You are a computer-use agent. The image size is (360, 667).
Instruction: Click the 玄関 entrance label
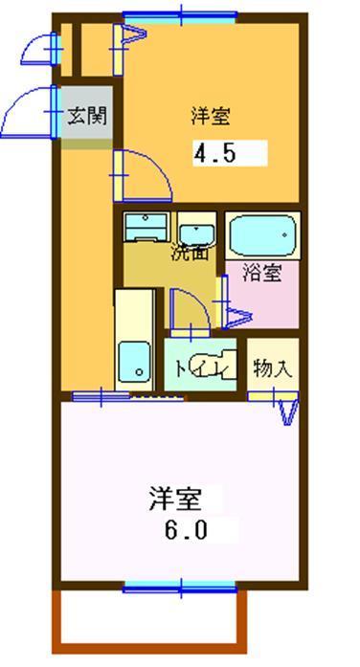click(x=86, y=117)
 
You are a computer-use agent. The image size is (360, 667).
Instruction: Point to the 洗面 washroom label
click(x=190, y=254)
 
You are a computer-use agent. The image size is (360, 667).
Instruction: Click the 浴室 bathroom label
click(x=261, y=273)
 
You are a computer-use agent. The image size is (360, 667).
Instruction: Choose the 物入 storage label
click(x=272, y=367)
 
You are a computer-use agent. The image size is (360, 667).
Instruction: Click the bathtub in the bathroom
click(x=262, y=233)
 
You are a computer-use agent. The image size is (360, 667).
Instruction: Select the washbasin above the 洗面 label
click(x=197, y=231)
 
